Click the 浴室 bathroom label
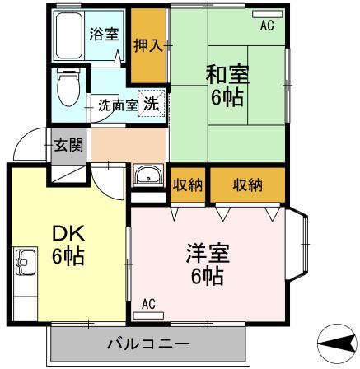click(x=104, y=36)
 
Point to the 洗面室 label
click(x=118, y=105)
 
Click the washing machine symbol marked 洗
click(x=152, y=104)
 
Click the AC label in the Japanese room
click(x=266, y=26)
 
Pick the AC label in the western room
click(x=148, y=304)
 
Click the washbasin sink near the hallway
click(x=149, y=176)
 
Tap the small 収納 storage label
click(x=188, y=184)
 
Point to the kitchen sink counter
click(x=25, y=272)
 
